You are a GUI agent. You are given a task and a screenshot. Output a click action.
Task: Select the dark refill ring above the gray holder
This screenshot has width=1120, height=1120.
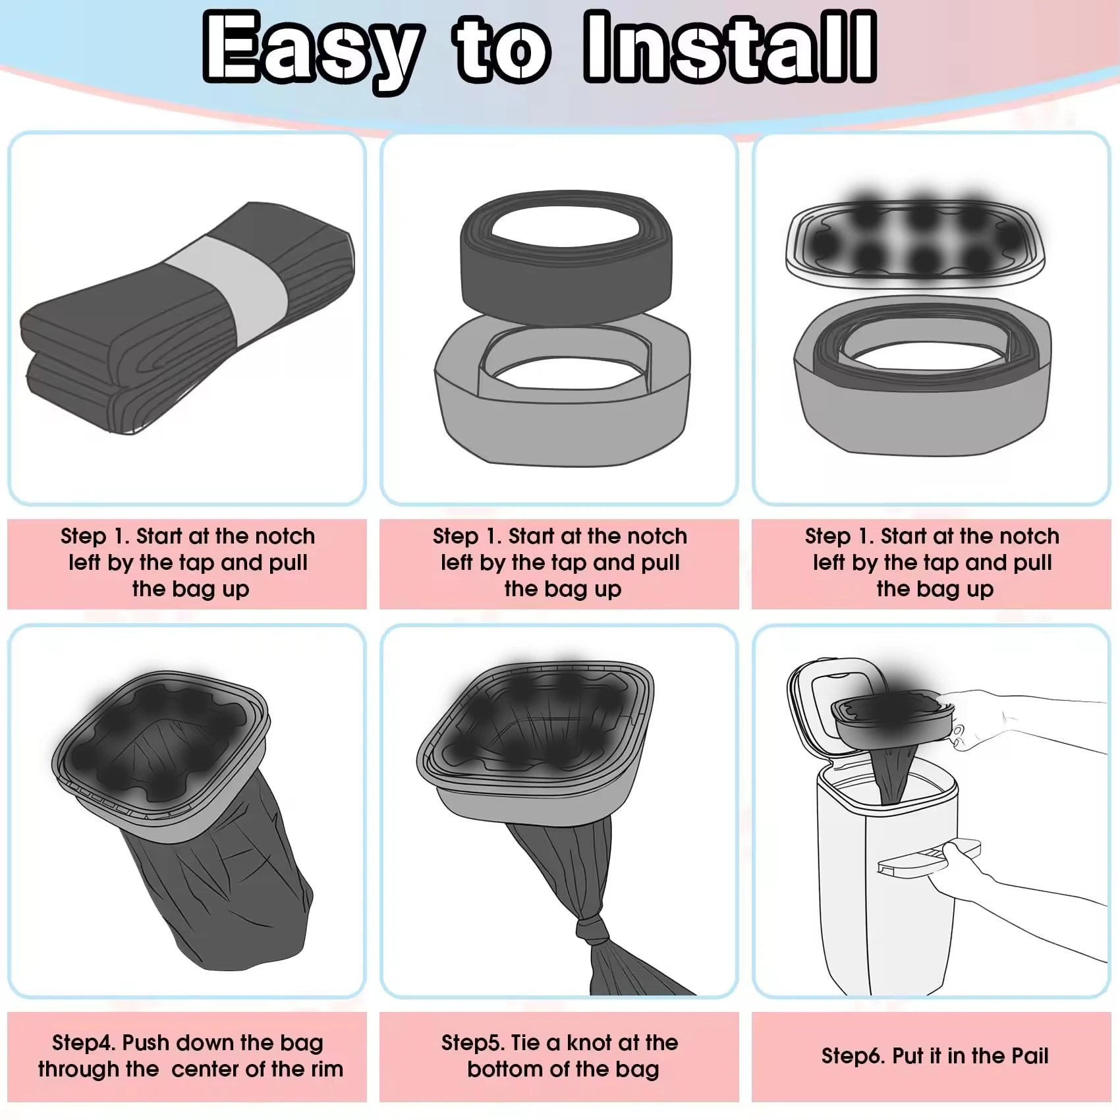pyautogui.click(x=565, y=258)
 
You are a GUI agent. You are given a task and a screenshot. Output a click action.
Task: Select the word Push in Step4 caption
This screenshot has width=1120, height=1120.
pyautogui.click(x=146, y=1042)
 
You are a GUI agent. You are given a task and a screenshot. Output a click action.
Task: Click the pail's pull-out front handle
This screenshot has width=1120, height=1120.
pyautogui.click(x=929, y=856)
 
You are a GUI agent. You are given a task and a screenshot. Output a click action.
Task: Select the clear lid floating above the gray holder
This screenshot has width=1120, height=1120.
pyautogui.click(x=915, y=242)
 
